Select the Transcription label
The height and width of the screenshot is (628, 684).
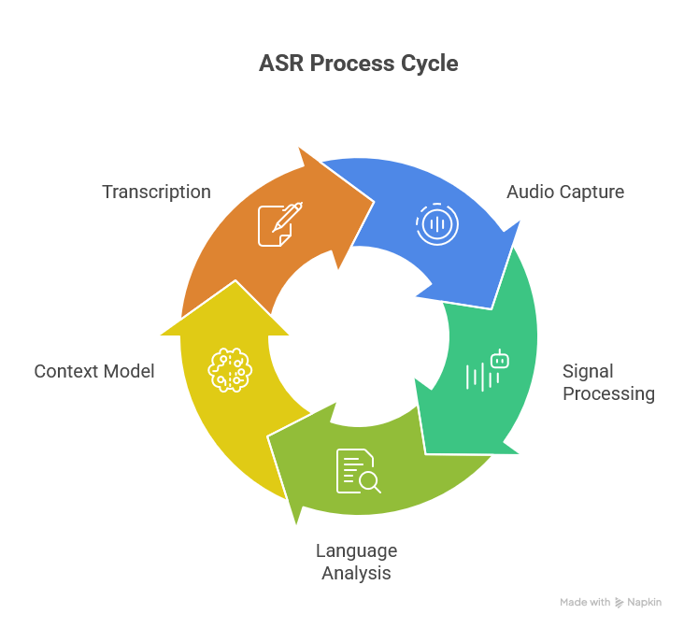click(x=156, y=192)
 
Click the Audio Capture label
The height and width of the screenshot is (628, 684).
click(x=565, y=192)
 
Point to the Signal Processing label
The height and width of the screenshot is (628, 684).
click(x=608, y=382)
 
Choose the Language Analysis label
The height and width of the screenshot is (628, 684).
click(x=356, y=562)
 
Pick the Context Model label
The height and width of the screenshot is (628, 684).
click(x=94, y=371)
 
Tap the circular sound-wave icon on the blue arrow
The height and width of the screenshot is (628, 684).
click(x=436, y=224)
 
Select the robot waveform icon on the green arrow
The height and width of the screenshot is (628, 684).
click(x=488, y=371)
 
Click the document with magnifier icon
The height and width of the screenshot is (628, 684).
click(x=358, y=471)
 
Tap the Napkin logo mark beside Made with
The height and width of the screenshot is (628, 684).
click(x=620, y=603)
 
